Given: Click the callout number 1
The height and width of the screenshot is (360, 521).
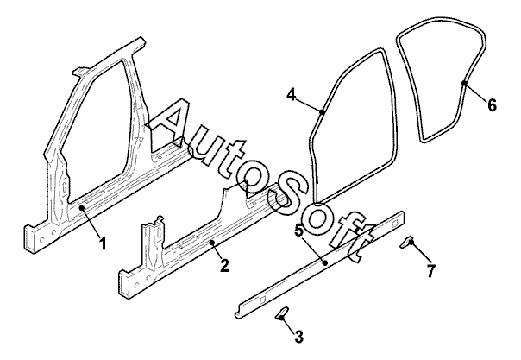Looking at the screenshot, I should pos(103,244).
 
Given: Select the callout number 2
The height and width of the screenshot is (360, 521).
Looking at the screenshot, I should pos(223,266).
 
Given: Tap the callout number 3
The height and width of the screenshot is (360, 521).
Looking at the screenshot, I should pos(299,335).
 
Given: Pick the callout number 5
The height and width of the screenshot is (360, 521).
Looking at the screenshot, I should pos(298,231).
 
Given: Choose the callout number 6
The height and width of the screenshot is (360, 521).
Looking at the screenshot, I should pos(492,105).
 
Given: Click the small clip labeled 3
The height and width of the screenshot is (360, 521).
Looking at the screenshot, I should pos(282,313).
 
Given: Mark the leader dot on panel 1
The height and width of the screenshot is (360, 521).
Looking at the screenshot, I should pos(81,208).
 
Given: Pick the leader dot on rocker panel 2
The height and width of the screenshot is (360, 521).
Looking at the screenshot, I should pos(211,243).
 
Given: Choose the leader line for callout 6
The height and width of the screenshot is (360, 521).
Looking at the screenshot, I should pos(477,94).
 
